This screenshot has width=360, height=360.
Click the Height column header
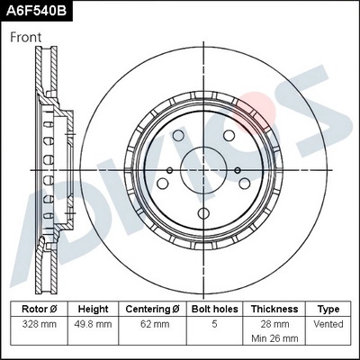tap(93, 309)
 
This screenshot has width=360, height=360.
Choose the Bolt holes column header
tap(213, 309)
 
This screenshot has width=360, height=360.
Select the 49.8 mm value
tap(93, 324)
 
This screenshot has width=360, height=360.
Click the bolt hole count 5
tap(213, 324)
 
